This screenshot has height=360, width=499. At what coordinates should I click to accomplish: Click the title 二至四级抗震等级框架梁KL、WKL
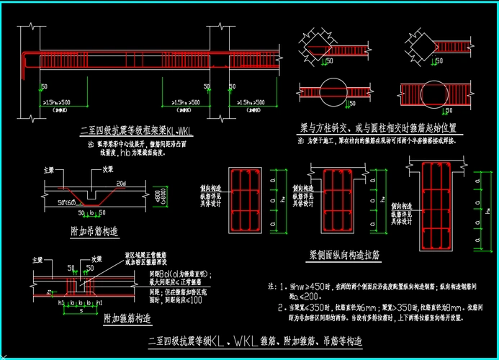139,132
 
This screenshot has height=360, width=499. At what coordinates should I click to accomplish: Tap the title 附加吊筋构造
94,231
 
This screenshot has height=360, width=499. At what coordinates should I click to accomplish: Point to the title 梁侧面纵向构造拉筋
355,254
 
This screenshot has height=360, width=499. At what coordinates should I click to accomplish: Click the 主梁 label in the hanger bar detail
49,171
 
